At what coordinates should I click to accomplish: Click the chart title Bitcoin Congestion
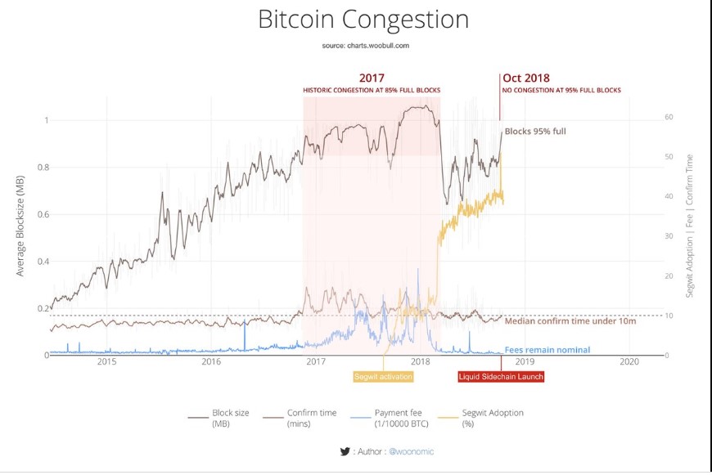[x=363, y=20]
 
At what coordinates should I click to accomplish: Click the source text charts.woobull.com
[x=365, y=46]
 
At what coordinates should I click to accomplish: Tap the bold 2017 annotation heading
[x=372, y=78]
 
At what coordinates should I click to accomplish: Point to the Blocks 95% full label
[x=535, y=131]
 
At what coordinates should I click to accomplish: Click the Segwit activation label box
[x=383, y=377]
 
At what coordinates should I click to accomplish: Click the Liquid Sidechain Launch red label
[x=500, y=377]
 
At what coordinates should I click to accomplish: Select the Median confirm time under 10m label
[x=570, y=320]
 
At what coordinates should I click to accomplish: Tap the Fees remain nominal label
[x=547, y=350]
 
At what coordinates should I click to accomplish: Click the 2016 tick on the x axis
[x=211, y=361]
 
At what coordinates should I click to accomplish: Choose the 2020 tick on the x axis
[x=629, y=361]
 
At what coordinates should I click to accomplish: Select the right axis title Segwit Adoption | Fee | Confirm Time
[x=690, y=225]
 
